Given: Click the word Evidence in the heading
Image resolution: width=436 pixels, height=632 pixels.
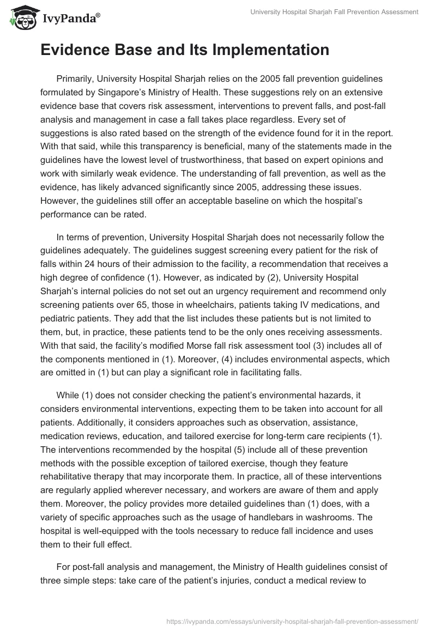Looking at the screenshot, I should pos(80,50).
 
